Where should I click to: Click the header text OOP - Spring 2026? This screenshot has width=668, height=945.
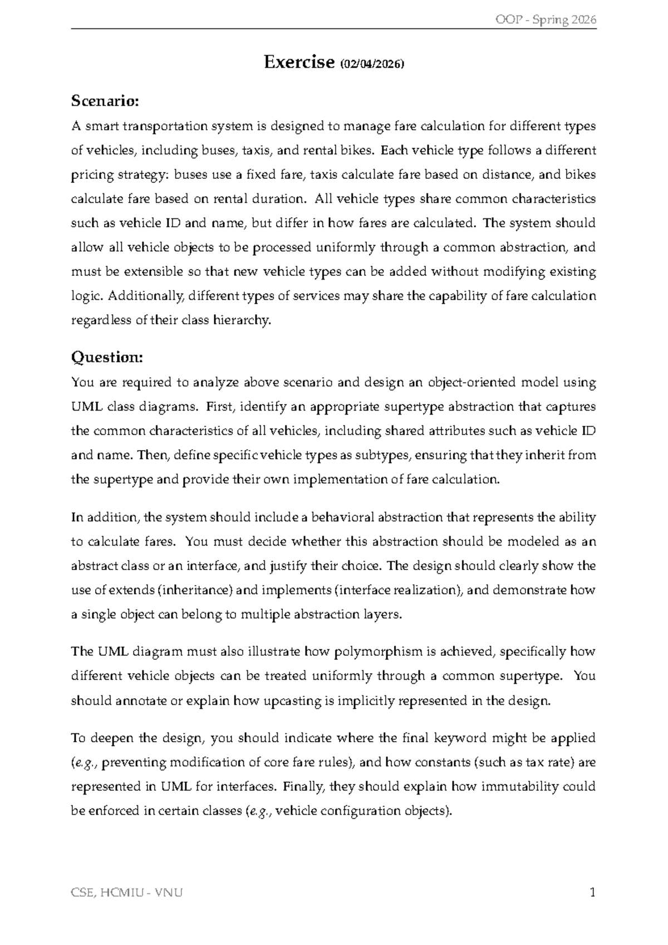545,20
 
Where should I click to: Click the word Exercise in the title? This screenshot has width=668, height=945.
298,62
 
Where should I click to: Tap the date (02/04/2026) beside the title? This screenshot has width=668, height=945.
371,64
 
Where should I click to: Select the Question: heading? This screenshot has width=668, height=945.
107,357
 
